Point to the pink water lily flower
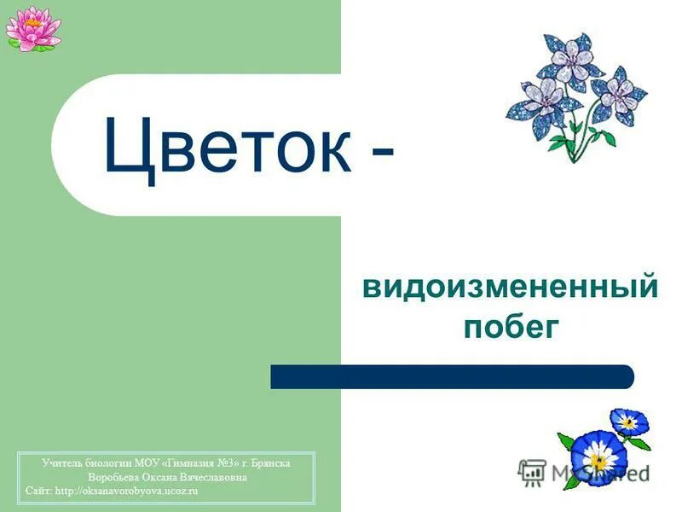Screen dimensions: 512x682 pos(32,27)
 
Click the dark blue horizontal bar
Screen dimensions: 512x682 pos(452,376)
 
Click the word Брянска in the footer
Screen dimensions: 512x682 pos(271,463)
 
